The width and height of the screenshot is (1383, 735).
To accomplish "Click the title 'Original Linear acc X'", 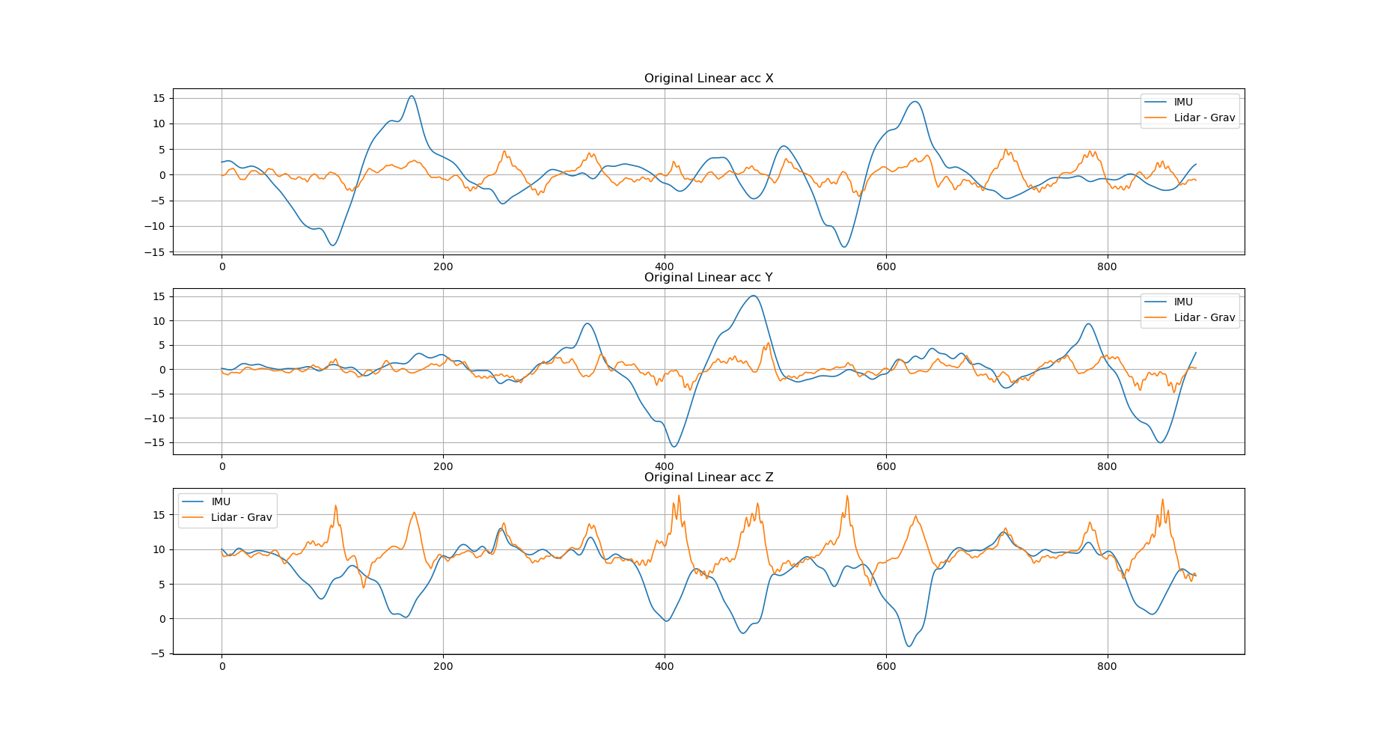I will [x=708, y=79].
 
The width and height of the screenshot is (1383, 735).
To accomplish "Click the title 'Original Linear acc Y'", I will [x=708, y=278].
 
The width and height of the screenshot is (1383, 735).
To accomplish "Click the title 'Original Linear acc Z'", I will [x=708, y=478].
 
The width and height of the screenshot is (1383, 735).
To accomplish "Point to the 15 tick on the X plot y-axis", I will [x=159, y=98].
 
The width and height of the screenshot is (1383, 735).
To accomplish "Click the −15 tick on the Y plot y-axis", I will [x=156, y=442].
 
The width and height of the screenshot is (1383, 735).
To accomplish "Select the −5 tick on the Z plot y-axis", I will [x=159, y=653].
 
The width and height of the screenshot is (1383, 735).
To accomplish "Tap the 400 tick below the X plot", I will [x=665, y=266].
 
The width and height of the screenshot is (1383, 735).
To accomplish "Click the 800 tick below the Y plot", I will [x=1107, y=466].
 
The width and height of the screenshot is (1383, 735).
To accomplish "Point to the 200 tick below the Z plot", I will [x=443, y=666].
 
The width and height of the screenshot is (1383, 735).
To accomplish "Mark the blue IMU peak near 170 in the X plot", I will [x=412, y=96].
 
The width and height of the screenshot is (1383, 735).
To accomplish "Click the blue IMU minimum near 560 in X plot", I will [x=844, y=247].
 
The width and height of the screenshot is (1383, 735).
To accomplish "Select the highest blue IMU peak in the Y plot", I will [x=754, y=296].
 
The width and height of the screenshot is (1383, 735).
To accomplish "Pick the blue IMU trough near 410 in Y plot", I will [x=674, y=447].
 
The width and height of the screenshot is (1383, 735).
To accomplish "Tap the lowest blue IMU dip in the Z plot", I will [x=909, y=647].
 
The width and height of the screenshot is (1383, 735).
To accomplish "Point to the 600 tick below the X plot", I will [x=885, y=266].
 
